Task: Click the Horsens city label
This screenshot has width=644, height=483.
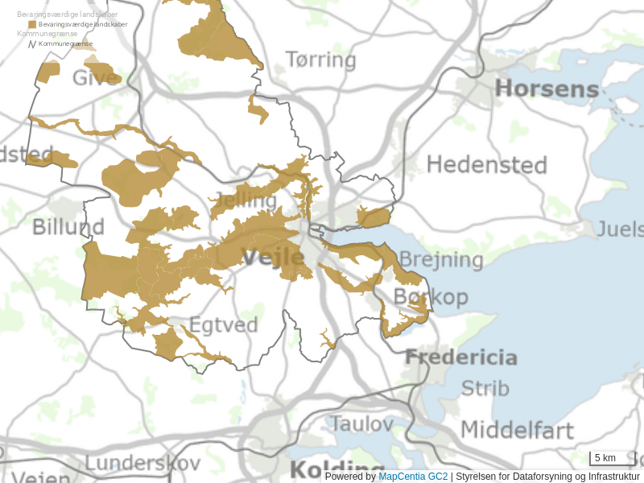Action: (x=547, y=89)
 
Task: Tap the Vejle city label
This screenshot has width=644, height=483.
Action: (x=273, y=258)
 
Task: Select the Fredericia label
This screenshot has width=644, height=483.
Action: (x=460, y=357)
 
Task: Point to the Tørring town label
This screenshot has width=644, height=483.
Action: (x=320, y=60)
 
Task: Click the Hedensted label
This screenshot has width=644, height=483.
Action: (x=486, y=165)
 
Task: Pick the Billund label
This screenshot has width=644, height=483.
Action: (x=68, y=227)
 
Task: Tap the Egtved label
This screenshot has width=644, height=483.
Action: (x=223, y=325)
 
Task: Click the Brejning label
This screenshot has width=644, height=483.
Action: (x=441, y=259)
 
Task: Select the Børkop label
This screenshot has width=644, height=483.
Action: (x=431, y=297)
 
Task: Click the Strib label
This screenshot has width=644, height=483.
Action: (x=485, y=388)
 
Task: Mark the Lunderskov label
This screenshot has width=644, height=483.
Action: (x=142, y=463)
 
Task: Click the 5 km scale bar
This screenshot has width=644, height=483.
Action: (x=612, y=458)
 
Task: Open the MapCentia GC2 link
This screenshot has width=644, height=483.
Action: (x=413, y=477)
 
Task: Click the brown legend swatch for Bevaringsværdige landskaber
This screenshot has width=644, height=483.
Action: (x=32, y=25)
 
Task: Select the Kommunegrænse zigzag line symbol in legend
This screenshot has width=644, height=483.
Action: (x=32, y=43)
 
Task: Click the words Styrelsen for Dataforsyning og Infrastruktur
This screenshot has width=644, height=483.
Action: (x=547, y=477)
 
